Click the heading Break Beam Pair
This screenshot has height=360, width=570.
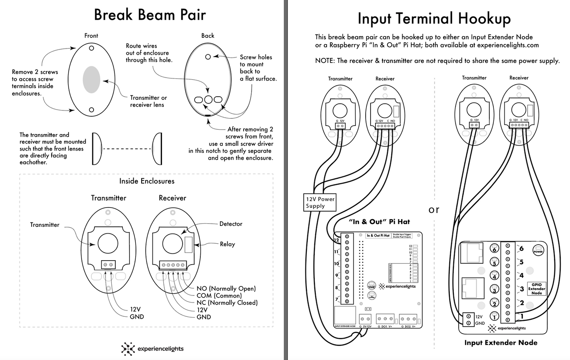click(x=150, y=15)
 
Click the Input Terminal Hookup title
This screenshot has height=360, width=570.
click(x=434, y=19)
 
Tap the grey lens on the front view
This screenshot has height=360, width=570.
click(x=91, y=79)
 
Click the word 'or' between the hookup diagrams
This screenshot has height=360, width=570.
click(x=433, y=210)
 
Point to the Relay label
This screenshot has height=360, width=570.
click(x=227, y=244)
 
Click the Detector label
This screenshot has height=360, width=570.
click(x=231, y=224)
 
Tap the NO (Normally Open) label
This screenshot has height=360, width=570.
click(x=226, y=289)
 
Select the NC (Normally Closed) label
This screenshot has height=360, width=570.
click(x=227, y=303)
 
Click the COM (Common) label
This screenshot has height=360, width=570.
click(x=219, y=296)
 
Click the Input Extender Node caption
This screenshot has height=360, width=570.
click(x=501, y=343)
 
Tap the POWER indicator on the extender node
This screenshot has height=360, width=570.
click(x=538, y=251)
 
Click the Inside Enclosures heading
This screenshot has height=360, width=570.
click(x=147, y=181)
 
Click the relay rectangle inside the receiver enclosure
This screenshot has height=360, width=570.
click(x=188, y=245)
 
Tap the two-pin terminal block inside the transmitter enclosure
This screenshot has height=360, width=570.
click(x=108, y=265)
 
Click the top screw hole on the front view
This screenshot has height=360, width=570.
click(x=91, y=48)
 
